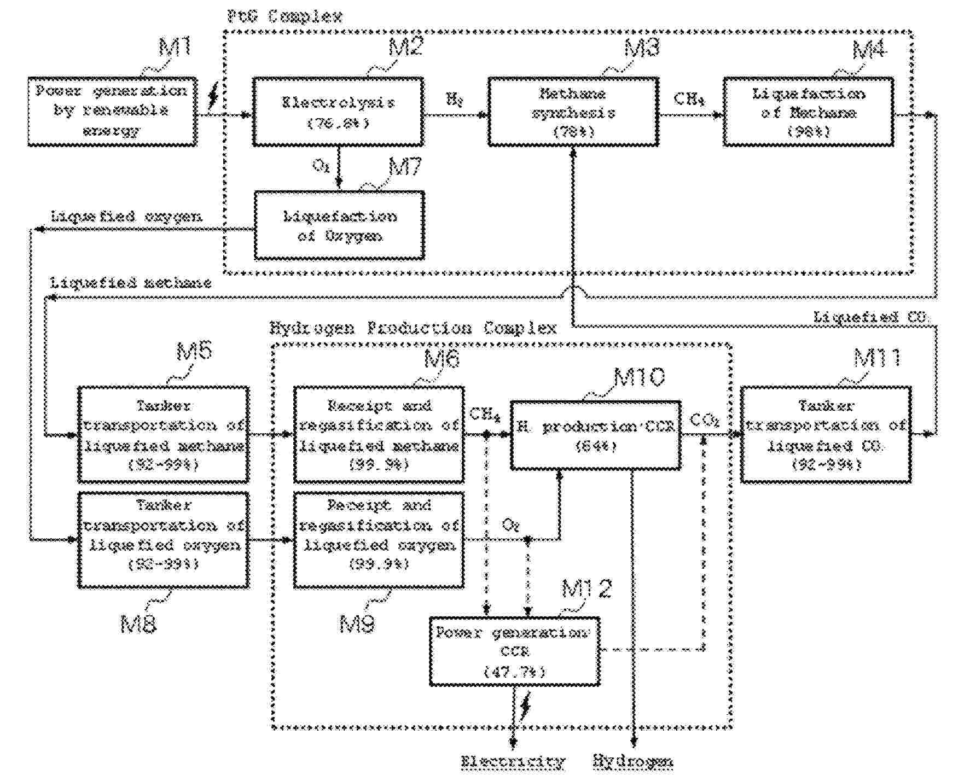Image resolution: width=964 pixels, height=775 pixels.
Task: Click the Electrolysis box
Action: [338, 112]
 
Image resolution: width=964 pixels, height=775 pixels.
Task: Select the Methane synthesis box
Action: [573, 112]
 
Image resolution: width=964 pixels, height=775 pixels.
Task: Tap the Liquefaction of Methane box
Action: [808, 112]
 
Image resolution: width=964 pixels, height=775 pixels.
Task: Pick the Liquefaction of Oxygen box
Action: [339, 225]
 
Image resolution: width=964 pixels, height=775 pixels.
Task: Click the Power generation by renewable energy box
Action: [112, 112]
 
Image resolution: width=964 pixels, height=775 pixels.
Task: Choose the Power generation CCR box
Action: [514, 651]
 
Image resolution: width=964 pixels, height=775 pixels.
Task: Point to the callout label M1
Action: [175, 48]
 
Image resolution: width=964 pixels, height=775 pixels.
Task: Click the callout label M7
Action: [405, 166]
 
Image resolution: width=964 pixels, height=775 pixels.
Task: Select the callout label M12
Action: [586, 588]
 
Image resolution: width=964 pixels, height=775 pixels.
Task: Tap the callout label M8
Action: [138, 624]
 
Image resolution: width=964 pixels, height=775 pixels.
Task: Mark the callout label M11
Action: [877, 358]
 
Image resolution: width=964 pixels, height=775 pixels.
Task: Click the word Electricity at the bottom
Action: [512, 761]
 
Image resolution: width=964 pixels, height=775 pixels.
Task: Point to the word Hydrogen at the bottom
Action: [633, 761]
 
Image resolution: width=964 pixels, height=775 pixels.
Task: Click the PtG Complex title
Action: [284, 16]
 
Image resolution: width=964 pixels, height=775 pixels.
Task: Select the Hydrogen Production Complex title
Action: [413, 328]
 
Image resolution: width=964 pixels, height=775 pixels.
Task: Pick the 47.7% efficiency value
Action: [514, 671]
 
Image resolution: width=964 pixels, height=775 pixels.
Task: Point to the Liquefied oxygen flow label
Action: [126, 217]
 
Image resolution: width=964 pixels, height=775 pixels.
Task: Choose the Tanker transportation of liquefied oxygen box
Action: [163, 540]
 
